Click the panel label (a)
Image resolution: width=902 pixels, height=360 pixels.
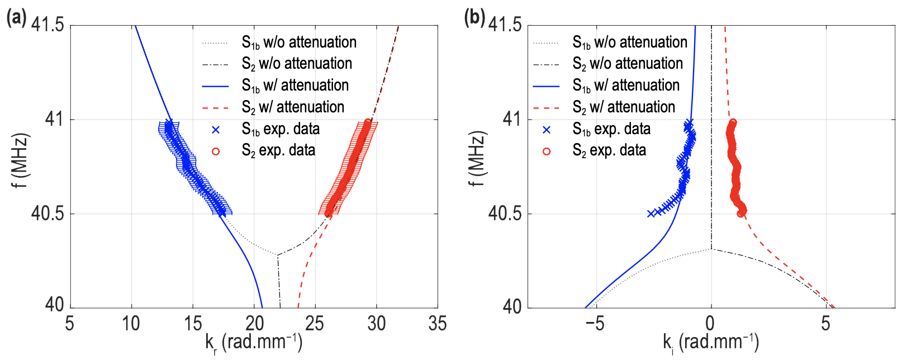[15, 18]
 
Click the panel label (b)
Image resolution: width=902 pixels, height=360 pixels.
[474, 18]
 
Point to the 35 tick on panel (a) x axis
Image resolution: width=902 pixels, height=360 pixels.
[437, 323]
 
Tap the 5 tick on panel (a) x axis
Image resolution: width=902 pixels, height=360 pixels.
[70, 323]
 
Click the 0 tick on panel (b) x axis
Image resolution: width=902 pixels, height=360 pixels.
[710, 323]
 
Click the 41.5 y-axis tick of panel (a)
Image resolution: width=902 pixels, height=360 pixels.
[47, 25]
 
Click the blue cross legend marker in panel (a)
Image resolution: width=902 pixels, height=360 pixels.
[216, 130]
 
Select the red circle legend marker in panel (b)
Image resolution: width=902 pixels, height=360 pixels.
[547, 151]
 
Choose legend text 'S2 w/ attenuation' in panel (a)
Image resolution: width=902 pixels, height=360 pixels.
[293, 107]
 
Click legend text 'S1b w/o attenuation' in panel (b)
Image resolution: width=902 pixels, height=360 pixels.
[630, 42]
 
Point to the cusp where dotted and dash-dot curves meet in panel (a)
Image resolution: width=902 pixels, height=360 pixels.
[277, 255]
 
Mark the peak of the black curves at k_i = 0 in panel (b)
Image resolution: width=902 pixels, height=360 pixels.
[711, 249]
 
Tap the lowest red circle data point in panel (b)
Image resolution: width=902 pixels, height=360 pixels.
[741, 213]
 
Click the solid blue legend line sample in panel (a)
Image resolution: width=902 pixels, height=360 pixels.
[216, 86]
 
